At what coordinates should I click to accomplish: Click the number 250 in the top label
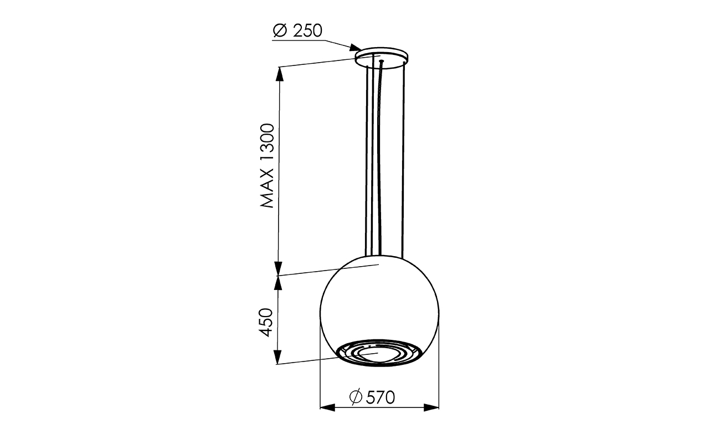coord(307,30)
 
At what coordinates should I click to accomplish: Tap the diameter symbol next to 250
coord(280,31)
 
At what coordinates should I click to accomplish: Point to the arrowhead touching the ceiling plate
coord(356,48)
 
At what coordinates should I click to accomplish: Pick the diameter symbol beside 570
coord(356,397)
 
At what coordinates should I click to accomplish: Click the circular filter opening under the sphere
coord(379,353)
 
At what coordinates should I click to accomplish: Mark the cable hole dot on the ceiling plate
coord(382,60)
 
